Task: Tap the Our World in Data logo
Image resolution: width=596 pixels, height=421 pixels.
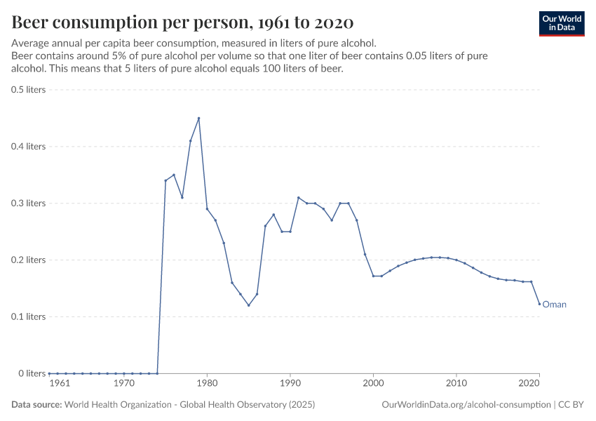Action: click(561, 23)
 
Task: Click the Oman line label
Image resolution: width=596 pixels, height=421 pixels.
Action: click(554, 305)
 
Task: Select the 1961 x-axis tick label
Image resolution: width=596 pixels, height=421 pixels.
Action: click(60, 384)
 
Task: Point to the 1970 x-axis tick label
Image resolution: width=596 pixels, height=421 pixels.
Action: click(124, 384)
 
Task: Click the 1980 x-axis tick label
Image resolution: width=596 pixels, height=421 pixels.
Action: click(207, 384)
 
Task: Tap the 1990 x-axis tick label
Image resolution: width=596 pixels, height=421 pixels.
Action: click(290, 384)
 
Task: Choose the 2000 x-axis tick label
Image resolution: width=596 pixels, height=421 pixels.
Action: click(373, 384)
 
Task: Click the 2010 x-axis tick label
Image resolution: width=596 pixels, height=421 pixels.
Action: click(456, 384)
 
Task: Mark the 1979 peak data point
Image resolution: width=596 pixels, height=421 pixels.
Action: click(198, 119)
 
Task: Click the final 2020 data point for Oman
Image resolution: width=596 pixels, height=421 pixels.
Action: click(539, 304)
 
